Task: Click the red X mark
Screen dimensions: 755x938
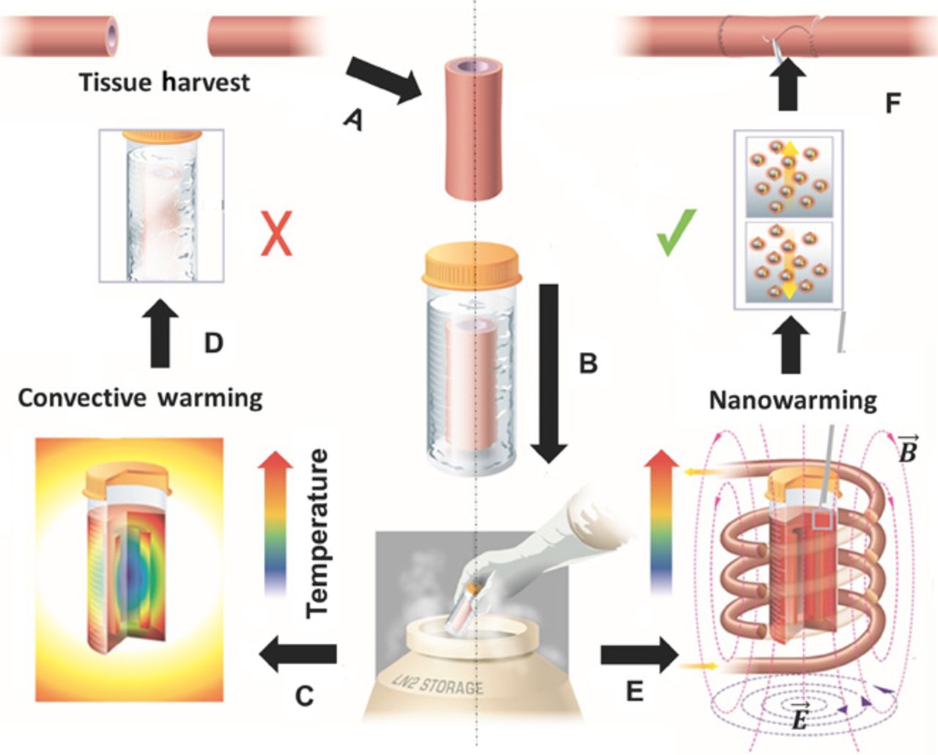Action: [276, 234]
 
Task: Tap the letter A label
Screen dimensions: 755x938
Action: [354, 118]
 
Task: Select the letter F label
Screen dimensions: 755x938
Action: [892, 103]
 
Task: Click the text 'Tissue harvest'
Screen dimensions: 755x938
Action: [164, 81]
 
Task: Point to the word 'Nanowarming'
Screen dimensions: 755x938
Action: [793, 400]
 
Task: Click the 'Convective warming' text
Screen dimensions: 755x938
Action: [140, 398]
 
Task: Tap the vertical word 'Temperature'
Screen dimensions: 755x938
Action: [317, 534]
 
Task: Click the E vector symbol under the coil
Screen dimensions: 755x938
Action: [799, 718]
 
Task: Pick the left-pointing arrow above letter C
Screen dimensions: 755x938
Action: [298, 653]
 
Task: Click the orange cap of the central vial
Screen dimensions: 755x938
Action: [470, 267]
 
